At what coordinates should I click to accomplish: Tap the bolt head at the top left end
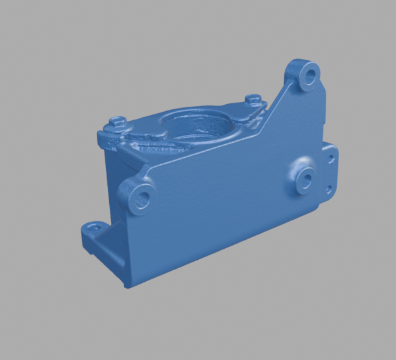click(117, 120)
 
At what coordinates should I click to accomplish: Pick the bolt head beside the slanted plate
click(254, 100)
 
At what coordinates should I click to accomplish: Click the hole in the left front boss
click(143, 195)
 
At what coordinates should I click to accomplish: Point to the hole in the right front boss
click(306, 178)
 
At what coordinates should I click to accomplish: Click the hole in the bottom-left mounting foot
click(97, 228)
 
